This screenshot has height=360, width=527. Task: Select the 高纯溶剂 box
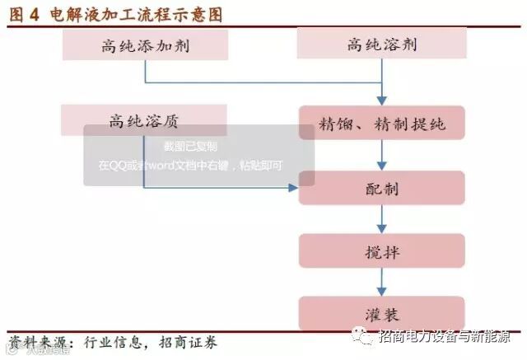tap(380, 44)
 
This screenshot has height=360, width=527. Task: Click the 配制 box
tap(381, 188)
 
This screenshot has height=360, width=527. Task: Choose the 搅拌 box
tap(381, 252)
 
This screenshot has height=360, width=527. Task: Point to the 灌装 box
tap(381, 315)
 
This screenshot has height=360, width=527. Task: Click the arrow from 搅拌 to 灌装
tap(381, 283)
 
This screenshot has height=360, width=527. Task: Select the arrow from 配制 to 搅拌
tap(381, 219)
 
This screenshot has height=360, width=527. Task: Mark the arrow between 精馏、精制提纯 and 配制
tap(381, 155)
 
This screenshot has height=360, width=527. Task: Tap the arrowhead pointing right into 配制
tap(292, 188)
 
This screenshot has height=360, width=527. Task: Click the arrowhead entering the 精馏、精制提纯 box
tap(381, 101)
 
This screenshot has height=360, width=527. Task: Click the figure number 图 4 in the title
tap(25, 14)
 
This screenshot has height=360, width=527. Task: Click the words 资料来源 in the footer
tap(38, 342)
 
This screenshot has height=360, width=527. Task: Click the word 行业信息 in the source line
tap(114, 342)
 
